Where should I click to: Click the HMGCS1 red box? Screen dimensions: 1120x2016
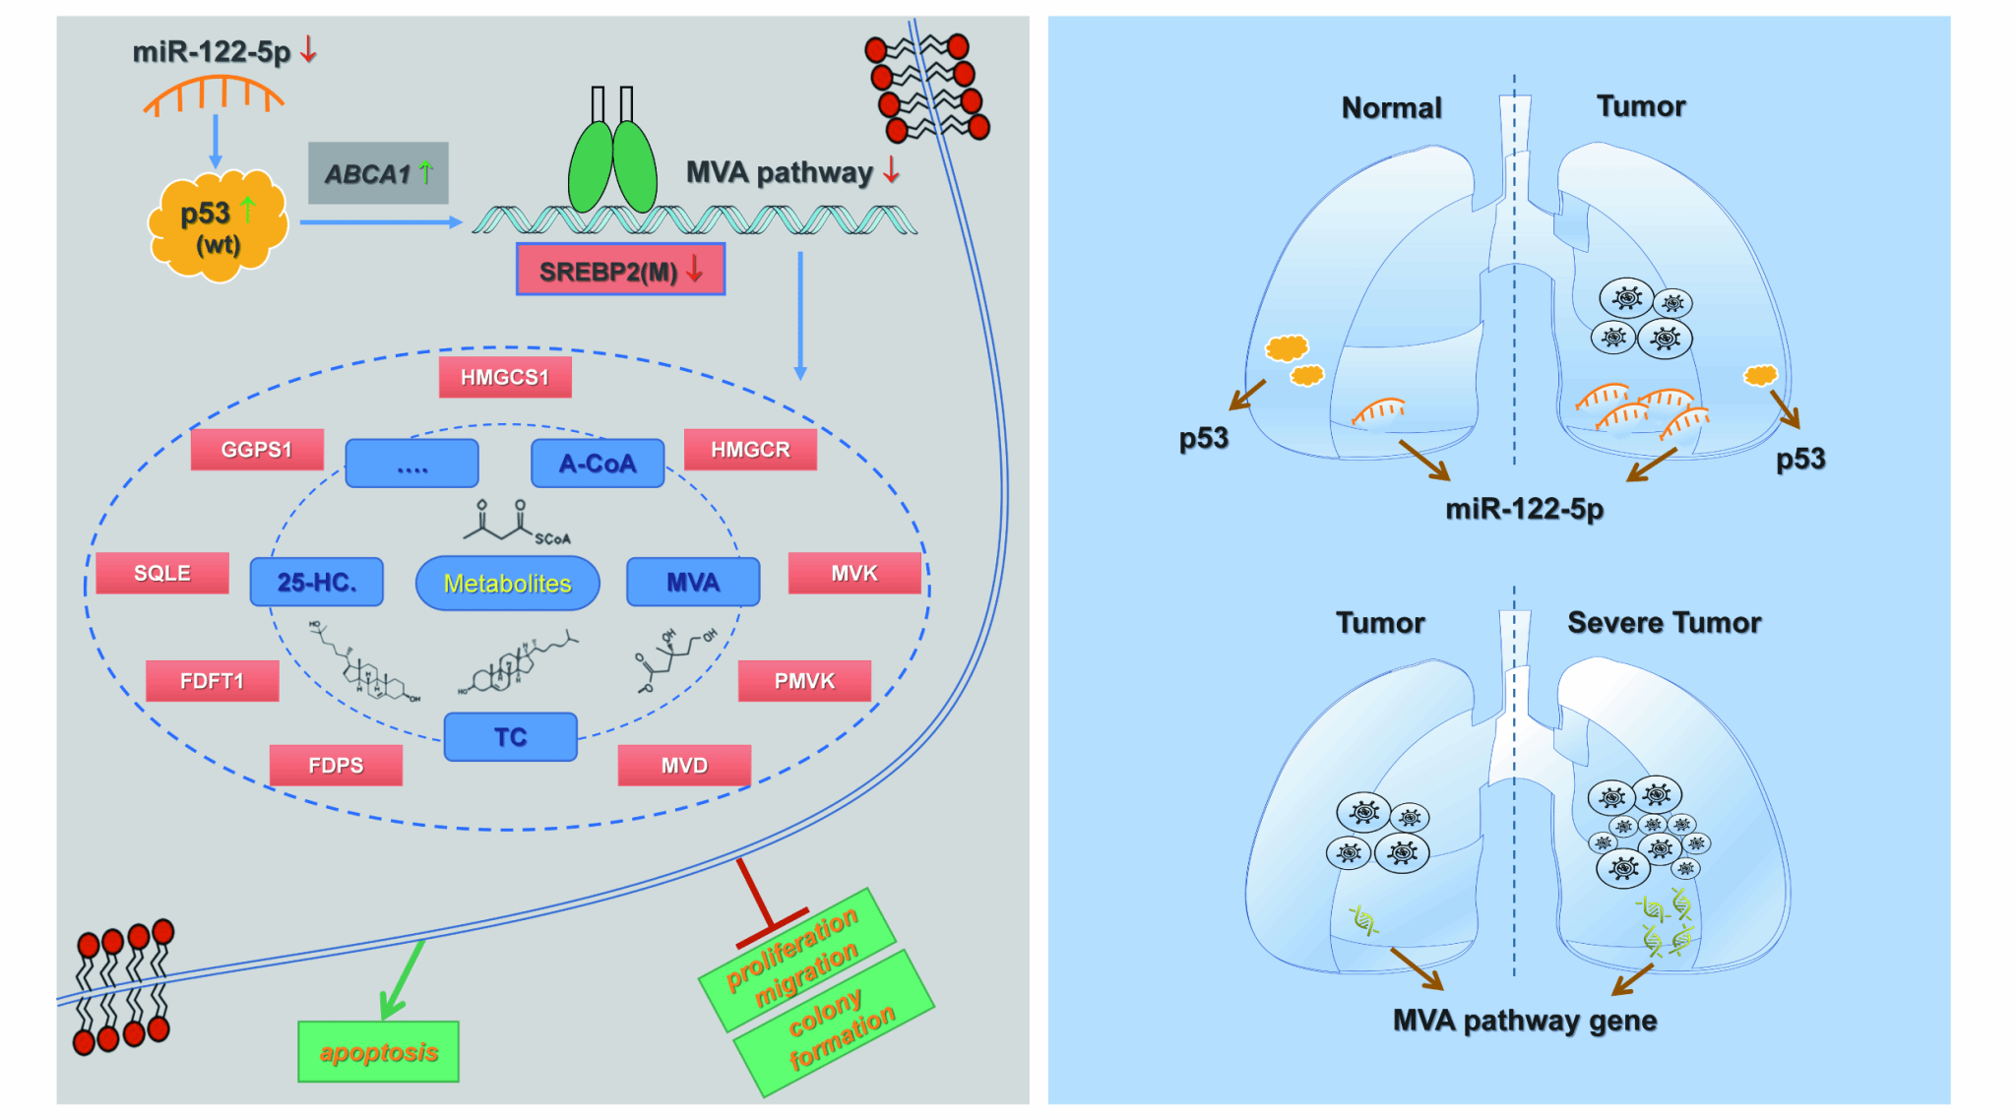tap(504, 377)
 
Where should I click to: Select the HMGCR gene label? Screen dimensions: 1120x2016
tap(750, 450)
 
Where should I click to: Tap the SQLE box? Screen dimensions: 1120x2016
tap(162, 573)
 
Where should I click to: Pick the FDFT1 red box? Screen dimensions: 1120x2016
tap(212, 680)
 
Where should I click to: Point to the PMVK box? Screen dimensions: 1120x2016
tap(804, 680)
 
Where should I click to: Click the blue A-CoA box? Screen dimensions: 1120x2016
tap(598, 464)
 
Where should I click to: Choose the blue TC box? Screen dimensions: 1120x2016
tap(510, 737)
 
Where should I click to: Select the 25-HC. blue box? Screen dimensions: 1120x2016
tap(316, 582)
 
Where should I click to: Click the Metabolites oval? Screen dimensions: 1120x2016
tap(507, 583)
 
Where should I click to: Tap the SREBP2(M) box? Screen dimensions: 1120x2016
tap(620, 270)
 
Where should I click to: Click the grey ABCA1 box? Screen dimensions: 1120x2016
tap(378, 173)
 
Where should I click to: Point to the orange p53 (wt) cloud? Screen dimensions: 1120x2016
tap(218, 227)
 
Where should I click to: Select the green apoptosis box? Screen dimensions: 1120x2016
tap(378, 1052)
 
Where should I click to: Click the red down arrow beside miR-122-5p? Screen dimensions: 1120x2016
tap(309, 48)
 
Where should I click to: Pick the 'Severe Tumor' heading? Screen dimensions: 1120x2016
tap(1664, 622)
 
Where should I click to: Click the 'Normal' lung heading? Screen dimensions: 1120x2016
tap(1391, 107)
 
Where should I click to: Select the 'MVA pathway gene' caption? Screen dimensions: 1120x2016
tap(1524, 1021)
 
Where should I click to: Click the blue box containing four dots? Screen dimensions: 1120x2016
tap(411, 464)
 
